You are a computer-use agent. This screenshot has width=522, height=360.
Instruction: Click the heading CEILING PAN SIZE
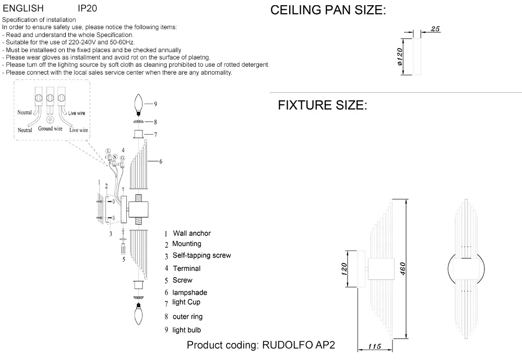click(x=328, y=11)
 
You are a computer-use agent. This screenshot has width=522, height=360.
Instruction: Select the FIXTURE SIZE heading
click(x=323, y=105)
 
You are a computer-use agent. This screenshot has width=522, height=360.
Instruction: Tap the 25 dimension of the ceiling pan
click(x=436, y=30)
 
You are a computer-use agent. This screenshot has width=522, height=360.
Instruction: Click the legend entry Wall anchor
click(x=192, y=233)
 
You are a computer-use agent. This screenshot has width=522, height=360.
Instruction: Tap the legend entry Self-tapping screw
click(x=201, y=256)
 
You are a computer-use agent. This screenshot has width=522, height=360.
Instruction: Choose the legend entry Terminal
click(x=186, y=268)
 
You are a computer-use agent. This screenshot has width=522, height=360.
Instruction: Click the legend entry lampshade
click(x=189, y=293)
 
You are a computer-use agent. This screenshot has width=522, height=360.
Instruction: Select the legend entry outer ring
click(x=187, y=316)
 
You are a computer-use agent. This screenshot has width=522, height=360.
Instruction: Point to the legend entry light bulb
click(x=186, y=330)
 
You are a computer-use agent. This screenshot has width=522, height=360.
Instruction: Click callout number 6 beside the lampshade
click(x=161, y=162)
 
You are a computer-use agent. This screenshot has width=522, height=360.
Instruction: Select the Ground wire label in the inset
click(x=51, y=128)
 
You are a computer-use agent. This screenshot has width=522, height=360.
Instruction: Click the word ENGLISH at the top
click(x=23, y=9)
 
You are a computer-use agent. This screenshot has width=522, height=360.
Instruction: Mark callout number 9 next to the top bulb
click(x=156, y=104)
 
